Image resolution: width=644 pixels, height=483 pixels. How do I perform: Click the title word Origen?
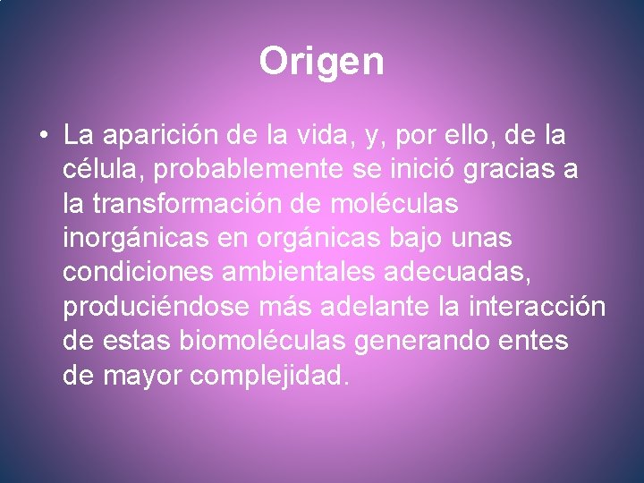321,62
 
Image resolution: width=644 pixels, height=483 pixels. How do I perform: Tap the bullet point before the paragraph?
44,137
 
